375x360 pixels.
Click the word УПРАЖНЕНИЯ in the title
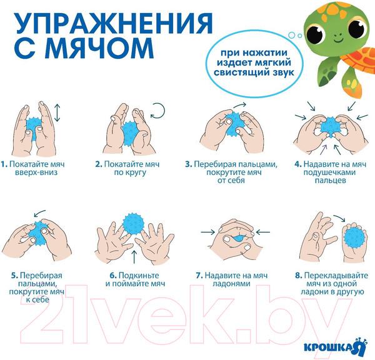(114, 23)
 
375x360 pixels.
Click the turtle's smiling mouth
(338, 40)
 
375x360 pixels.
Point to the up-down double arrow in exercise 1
(57, 112)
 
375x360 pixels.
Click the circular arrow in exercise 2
(158, 111)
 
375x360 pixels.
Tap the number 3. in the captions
(189, 164)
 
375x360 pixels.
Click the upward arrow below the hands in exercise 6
(134, 257)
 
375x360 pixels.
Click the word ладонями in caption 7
(231, 284)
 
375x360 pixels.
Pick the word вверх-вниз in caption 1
(36, 172)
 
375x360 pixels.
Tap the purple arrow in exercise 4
(323, 150)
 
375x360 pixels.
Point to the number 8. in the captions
(299, 276)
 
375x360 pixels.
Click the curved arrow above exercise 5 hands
(39, 212)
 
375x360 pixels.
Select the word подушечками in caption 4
(330, 172)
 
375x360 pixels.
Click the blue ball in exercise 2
(130, 134)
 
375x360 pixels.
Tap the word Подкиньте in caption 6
(139, 276)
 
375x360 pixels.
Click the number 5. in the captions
(14, 276)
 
